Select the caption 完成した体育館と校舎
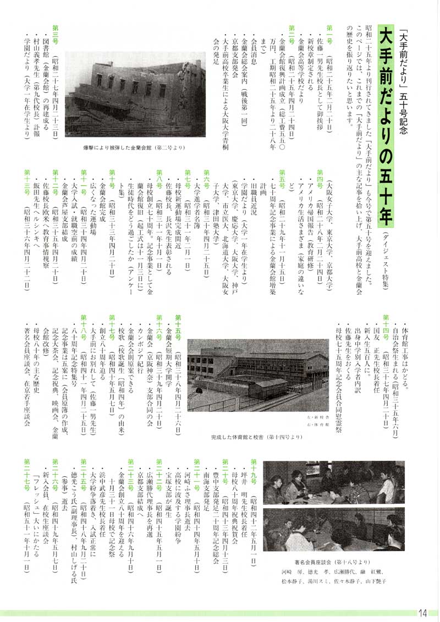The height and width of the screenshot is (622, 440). pyautogui.click(x=256, y=437)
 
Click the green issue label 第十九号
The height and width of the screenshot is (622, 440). pyautogui.click(x=254, y=467)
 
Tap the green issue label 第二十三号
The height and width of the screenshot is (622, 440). pyautogui.click(x=131, y=467)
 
